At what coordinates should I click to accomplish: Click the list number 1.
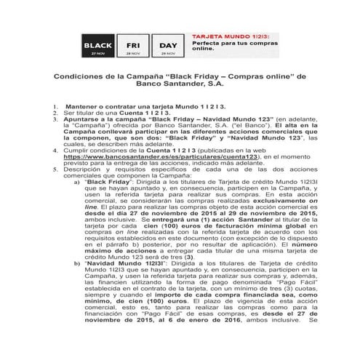(55, 106)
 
